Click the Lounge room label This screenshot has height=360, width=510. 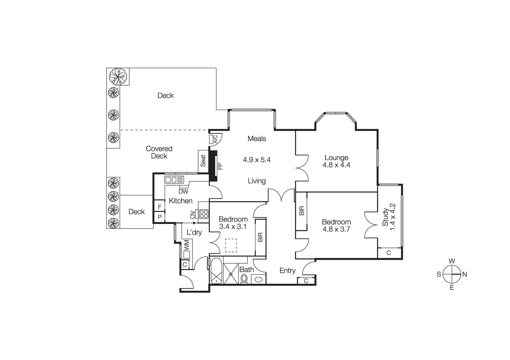[x=336, y=158]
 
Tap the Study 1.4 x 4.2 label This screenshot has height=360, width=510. [x=389, y=217]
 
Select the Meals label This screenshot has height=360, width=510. [x=257, y=138]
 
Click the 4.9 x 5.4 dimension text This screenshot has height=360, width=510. [x=257, y=160]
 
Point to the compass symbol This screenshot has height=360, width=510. [x=452, y=274]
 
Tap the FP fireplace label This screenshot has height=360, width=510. [x=220, y=166]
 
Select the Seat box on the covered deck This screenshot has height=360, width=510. [x=203, y=161]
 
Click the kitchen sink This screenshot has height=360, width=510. [x=174, y=180]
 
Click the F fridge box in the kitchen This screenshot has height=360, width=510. [x=159, y=207]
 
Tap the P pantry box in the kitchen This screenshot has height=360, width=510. [x=159, y=217]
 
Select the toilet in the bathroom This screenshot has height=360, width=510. [x=244, y=278]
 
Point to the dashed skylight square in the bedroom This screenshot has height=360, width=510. [x=231, y=246]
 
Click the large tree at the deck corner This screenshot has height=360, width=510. [x=118, y=77]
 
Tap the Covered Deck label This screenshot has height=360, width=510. [x=159, y=152]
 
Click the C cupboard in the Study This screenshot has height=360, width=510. [x=389, y=253]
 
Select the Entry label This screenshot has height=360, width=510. [x=287, y=270]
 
